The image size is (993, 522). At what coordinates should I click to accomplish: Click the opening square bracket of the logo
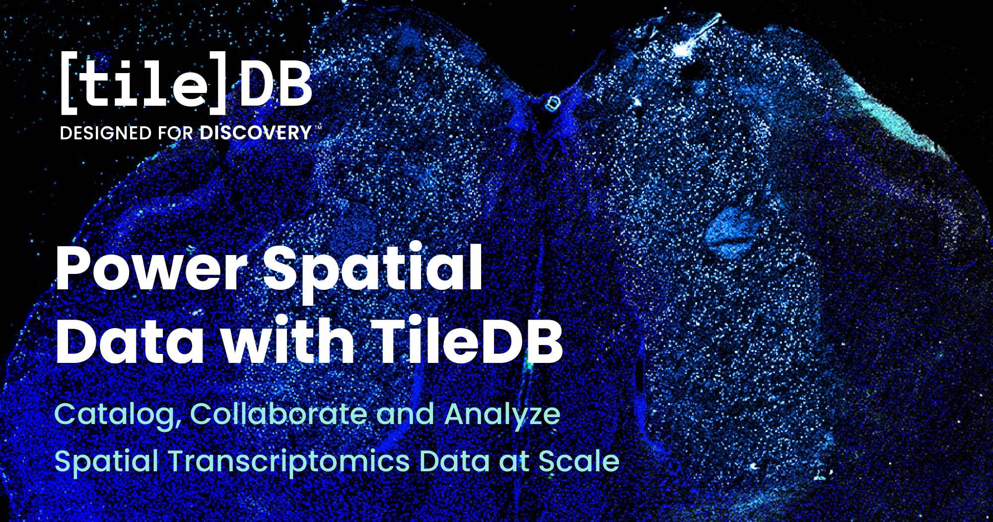tap(68, 82)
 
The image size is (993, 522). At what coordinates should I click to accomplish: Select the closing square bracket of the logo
tap(217, 82)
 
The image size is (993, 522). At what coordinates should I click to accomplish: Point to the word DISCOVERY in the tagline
tap(256, 133)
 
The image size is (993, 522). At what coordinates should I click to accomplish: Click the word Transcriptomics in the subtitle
tap(289, 462)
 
